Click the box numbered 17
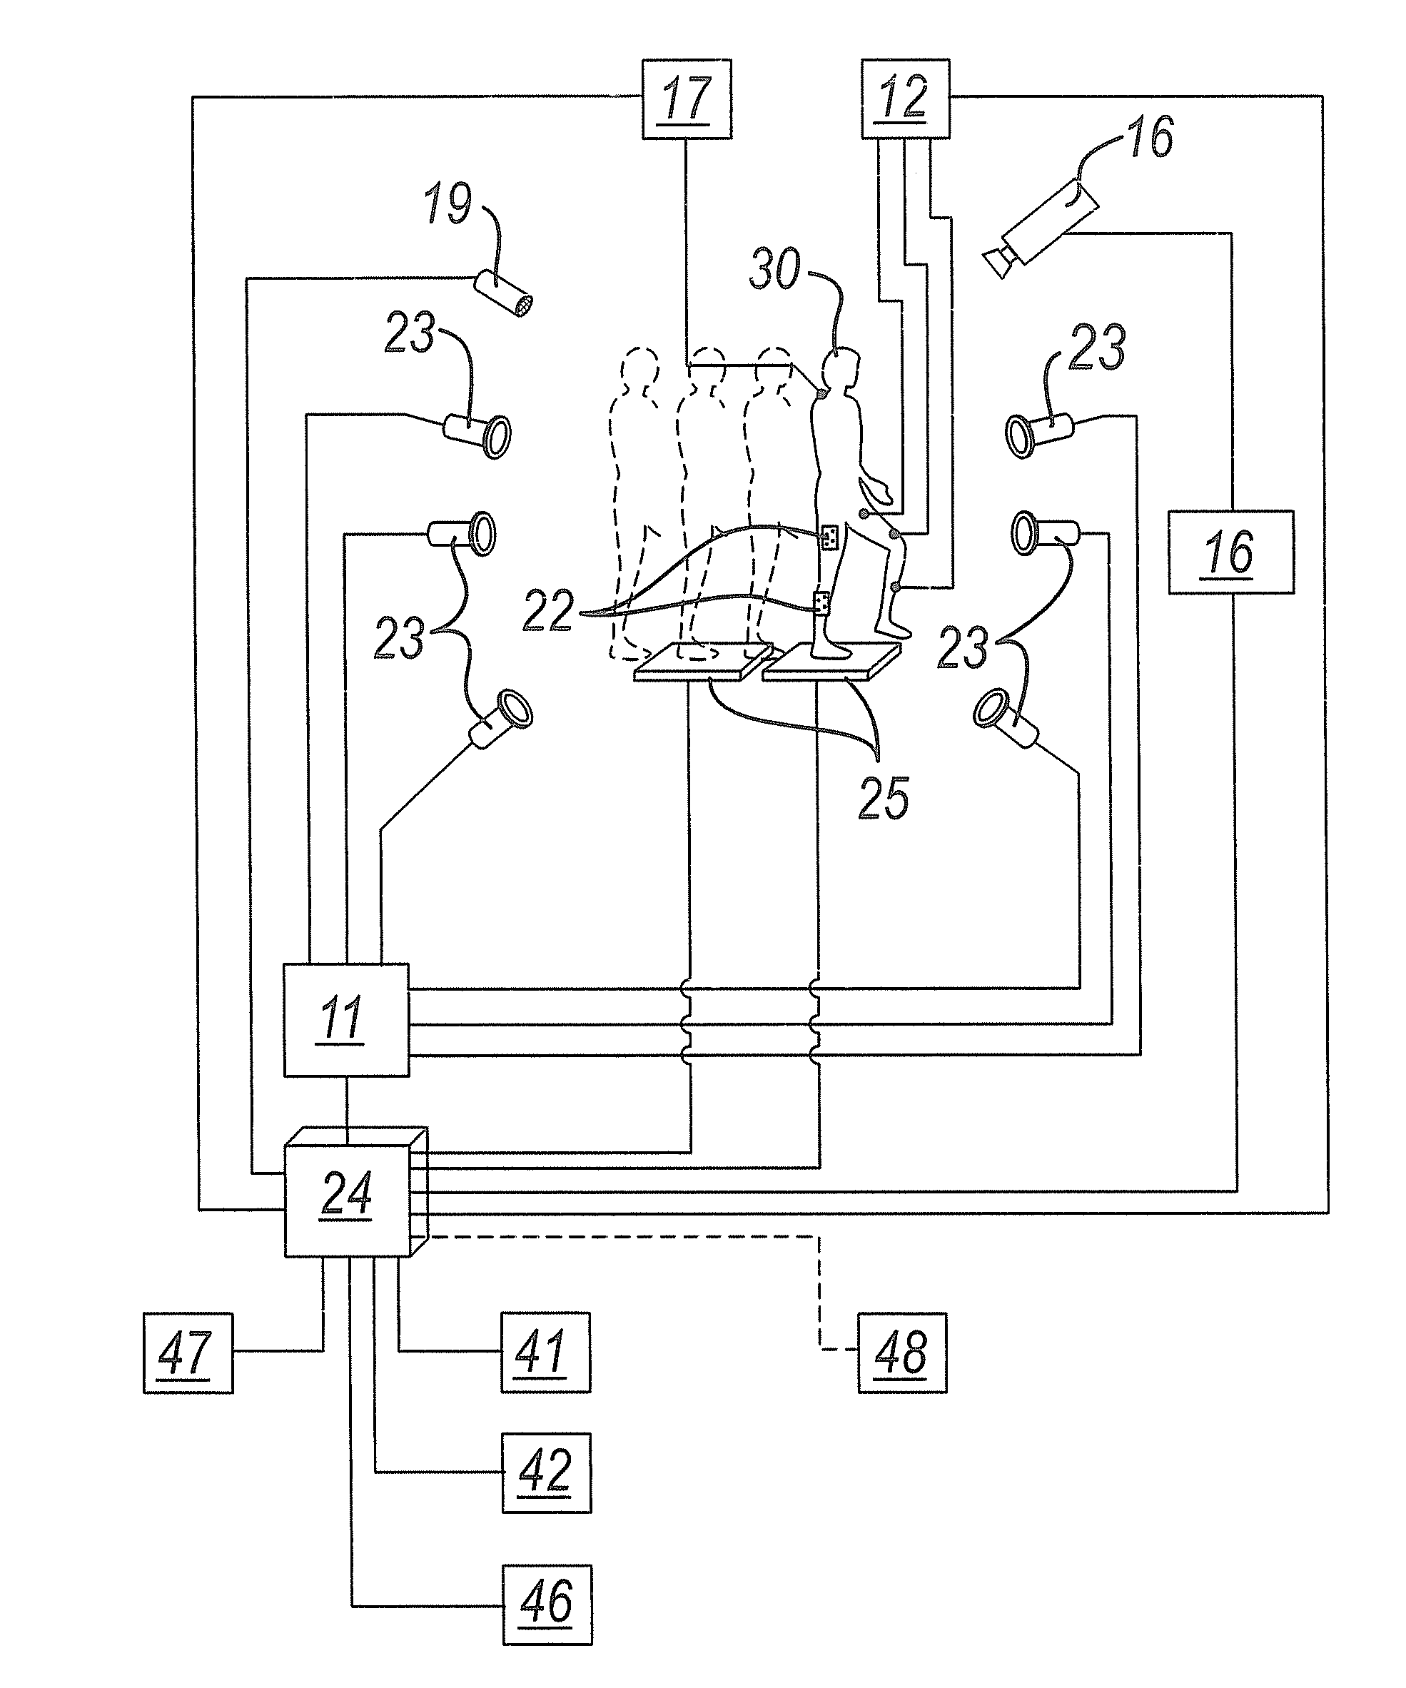pos(687,99)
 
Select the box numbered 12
pos(905,99)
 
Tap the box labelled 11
pos(345,1020)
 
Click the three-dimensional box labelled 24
pos(355,1191)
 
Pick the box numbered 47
pos(188,1353)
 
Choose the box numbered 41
pos(546,1353)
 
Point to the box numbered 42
pos(547,1472)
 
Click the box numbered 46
pos(547,1604)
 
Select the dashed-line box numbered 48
pos(902,1353)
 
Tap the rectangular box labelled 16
pos(1230,552)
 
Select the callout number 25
pos(884,798)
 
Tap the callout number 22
pos(548,610)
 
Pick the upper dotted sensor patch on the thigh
pos(831,536)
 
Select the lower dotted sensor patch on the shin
pos(821,603)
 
